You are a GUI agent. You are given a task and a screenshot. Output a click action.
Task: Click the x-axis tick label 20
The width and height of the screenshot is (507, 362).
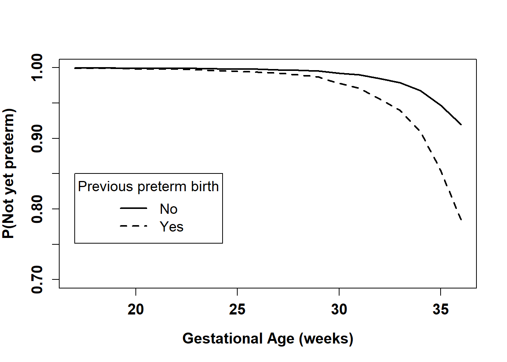coord(135,310)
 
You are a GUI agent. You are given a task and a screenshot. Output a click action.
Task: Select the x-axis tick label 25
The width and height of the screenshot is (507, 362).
coord(237,310)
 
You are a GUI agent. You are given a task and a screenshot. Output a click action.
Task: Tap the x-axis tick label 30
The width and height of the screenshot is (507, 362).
coord(339,310)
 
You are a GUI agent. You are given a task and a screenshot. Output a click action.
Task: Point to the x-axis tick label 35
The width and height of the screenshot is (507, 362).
coord(441,310)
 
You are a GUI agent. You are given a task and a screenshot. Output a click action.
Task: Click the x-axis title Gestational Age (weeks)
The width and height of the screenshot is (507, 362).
coord(268,339)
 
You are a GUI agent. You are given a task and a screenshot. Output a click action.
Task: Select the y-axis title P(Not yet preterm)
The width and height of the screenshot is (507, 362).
coord(9,173)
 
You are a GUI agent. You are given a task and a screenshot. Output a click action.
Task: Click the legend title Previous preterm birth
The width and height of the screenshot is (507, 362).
coord(148,187)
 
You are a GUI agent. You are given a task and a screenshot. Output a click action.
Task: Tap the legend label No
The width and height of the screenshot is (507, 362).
coord(169,209)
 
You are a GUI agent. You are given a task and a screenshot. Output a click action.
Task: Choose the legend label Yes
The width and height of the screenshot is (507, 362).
coord(172,227)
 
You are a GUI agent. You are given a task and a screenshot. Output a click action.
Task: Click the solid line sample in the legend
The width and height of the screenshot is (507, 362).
coord(134,208)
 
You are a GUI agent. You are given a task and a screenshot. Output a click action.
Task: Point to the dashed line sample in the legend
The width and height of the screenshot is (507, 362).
coord(134,226)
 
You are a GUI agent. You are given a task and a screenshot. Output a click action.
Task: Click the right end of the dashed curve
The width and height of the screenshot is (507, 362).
coord(461,220)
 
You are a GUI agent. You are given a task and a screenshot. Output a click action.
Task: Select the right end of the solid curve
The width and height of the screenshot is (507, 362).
coord(461,124)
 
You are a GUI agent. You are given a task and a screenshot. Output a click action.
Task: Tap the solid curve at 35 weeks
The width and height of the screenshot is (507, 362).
coord(441,106)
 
